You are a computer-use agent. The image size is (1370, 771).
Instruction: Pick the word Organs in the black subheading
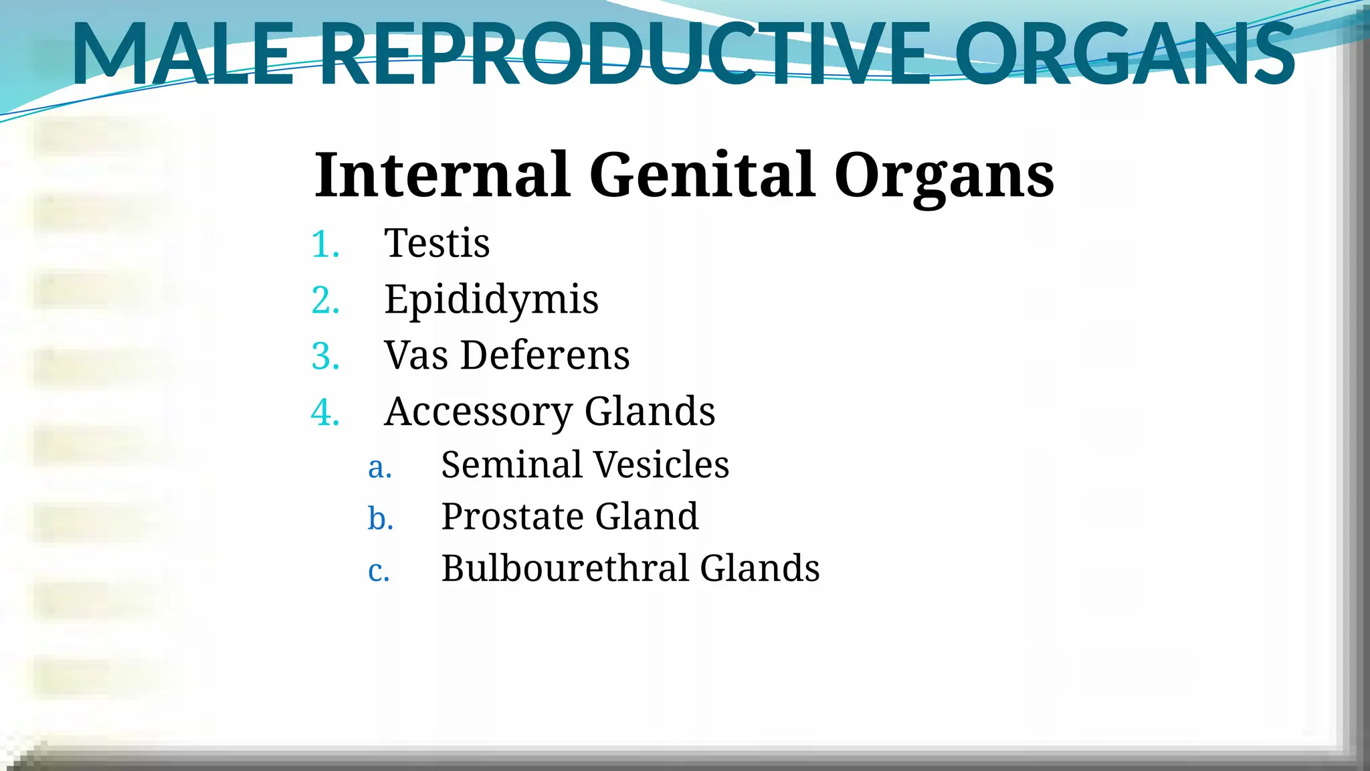tap(944, 175)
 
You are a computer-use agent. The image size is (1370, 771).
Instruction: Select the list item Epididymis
tap(491, 299)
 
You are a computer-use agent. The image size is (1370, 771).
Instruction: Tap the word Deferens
tap(545, 355)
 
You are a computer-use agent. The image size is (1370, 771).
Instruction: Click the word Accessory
tap(478, 411)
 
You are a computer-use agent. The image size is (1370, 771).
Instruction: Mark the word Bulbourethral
tap(564, 568)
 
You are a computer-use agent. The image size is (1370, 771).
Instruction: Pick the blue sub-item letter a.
tap(379, 466)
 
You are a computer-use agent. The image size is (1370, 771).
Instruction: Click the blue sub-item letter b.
tap(380, 518)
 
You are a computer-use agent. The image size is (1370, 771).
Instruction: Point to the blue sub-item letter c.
tap(379, 570)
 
